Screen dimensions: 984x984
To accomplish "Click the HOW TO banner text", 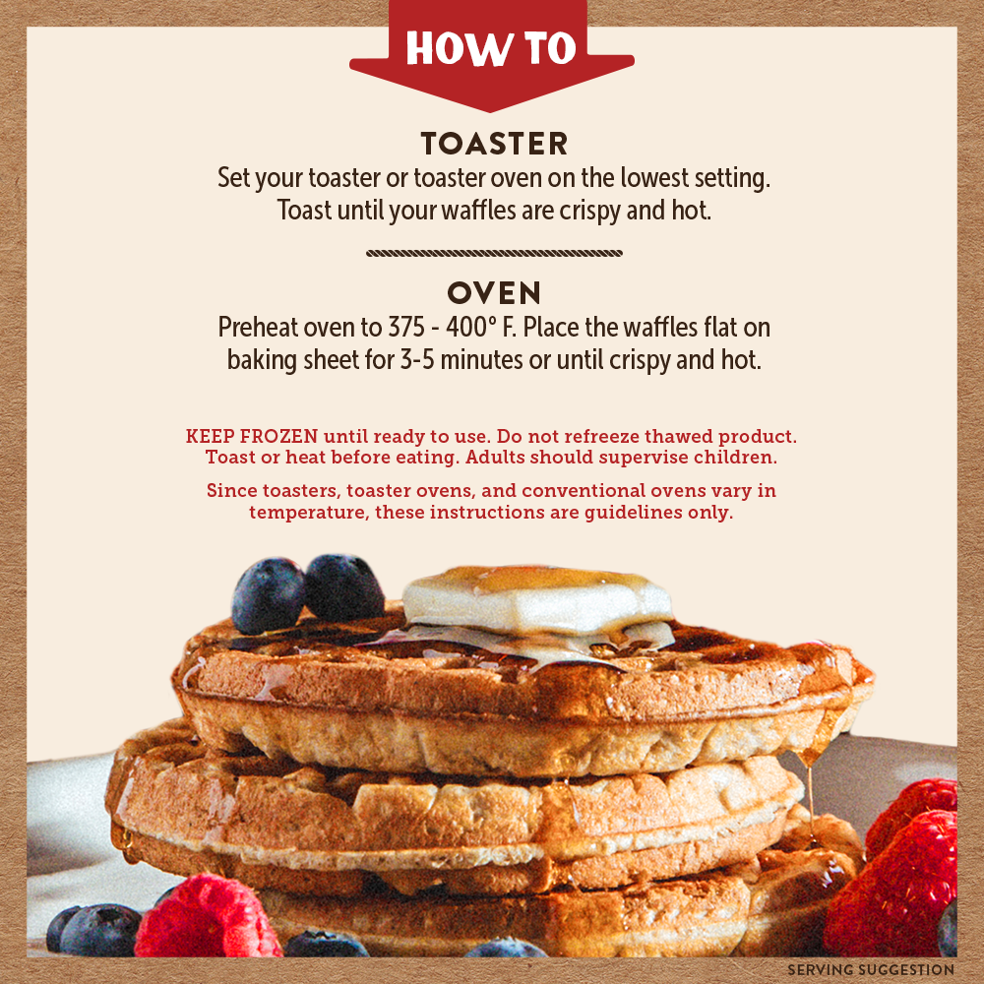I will click(x=491, y=48).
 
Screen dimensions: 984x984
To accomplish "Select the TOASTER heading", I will click(x=494, y=144).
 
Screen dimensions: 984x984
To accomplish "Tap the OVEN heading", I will click(x=494, y=292).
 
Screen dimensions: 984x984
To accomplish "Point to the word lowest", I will click(x=654, y=179).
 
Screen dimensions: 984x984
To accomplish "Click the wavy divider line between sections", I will click(x=494, y=253).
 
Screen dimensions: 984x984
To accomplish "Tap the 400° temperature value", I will click(x=452, y=327).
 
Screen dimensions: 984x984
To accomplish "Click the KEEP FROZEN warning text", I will click(x=252, y=436).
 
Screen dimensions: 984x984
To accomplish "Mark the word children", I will click(x=739, y=458).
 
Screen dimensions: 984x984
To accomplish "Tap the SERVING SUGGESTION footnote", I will click(x=871, y=970).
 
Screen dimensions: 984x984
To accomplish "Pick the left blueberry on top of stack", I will click(x=268, y=595).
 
